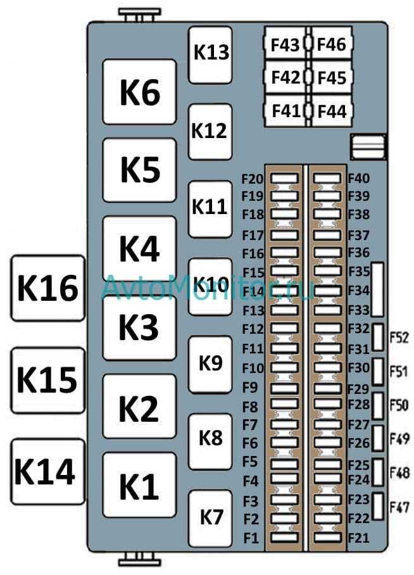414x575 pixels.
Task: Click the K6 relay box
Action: pos(139,92)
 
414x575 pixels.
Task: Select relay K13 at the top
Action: pos(210,54)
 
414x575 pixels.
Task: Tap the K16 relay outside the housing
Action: pos(47,288)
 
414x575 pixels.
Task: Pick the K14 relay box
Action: pos(47,472)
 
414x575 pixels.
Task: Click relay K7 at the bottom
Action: pos(210,519)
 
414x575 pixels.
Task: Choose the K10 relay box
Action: pos(210,287)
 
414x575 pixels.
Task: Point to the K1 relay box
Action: pos(139,485)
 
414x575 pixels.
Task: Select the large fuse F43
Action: pos(285,44)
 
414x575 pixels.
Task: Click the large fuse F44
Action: pos(332,111)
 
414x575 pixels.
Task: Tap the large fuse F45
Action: pos(332,78)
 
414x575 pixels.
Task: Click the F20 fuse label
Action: pos(253,179)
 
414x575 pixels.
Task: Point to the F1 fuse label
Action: pos(251,538)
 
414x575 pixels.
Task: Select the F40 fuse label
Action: pos(359,179)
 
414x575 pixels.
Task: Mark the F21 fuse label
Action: pos(359,538)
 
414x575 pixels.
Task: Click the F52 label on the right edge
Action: pos(399,338)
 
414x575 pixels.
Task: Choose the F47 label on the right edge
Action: pos(399,508)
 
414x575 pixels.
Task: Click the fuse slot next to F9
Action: pos(285,388)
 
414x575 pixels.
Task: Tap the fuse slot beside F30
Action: pos(327,367)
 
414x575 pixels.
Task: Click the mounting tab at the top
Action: pos(139,15)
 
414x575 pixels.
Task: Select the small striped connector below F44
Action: pos(368,147)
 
